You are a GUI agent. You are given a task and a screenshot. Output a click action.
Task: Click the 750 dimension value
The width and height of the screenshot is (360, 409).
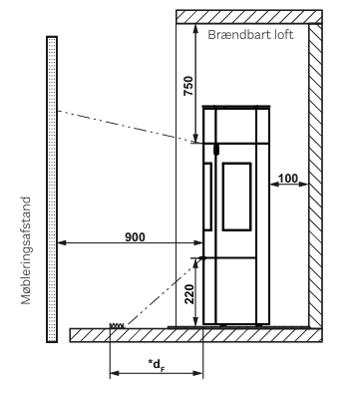(188, 86)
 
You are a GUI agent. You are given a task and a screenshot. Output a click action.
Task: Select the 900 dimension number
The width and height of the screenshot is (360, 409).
(135, 237)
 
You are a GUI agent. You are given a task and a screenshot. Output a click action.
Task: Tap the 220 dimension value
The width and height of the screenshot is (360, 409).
(189, 294)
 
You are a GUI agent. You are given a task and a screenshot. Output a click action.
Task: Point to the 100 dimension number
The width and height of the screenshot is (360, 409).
(288, 179)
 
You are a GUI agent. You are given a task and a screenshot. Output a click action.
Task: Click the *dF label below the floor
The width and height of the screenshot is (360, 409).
(157, 364)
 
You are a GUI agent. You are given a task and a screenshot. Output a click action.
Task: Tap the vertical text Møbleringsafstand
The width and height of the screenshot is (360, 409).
(26, 250)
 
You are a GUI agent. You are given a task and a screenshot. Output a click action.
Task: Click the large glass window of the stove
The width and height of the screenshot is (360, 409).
(236, 197)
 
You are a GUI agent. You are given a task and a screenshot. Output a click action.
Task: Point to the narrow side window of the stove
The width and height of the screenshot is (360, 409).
(207, 197)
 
